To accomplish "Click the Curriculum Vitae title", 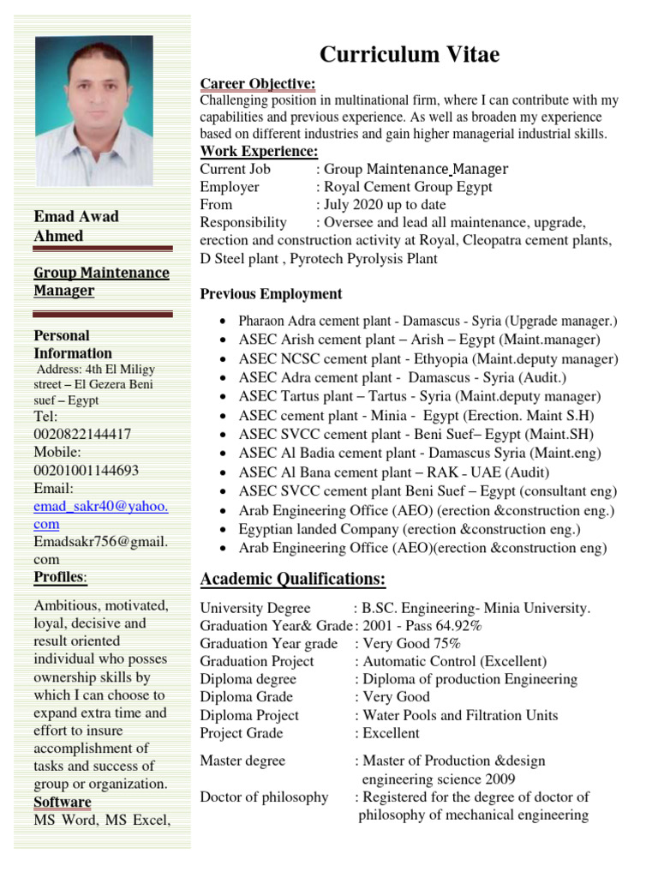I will [409, 56].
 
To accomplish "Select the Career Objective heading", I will [258, 83].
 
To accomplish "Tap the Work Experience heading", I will [259, 152].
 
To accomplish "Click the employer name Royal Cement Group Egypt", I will [407, 187].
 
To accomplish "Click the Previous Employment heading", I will [271, 294].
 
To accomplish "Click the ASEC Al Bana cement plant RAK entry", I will [394, 472].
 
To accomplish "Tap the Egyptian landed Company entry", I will [410, 529].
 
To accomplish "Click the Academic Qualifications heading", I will [292, 579].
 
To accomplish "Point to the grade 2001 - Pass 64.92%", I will [422, 626].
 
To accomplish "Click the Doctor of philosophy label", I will [264, 797].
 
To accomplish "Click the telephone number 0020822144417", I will [82, 435].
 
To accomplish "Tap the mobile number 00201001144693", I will [86, 471].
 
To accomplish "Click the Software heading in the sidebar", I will [63, 803].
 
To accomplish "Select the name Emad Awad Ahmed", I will [76, 226].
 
